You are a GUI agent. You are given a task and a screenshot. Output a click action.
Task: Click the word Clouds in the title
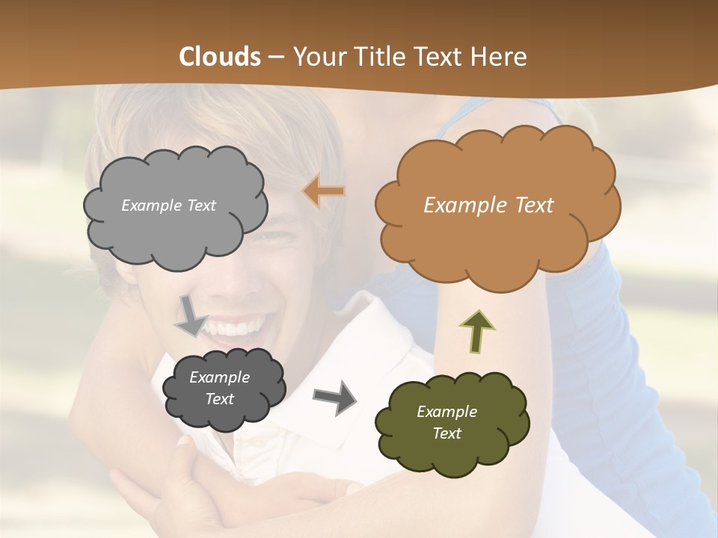coord(220,57)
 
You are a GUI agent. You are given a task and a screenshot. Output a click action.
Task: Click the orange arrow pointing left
coord(324,192)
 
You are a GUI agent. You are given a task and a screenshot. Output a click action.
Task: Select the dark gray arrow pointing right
coord(334,398)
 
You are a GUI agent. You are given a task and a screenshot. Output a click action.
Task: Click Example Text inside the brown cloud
coord(488,205)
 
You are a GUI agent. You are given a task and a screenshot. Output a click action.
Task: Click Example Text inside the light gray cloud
coord(168,205)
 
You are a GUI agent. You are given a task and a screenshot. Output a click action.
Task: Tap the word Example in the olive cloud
coord(447,412)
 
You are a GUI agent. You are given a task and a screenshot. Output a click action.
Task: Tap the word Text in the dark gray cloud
coord(220,400)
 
